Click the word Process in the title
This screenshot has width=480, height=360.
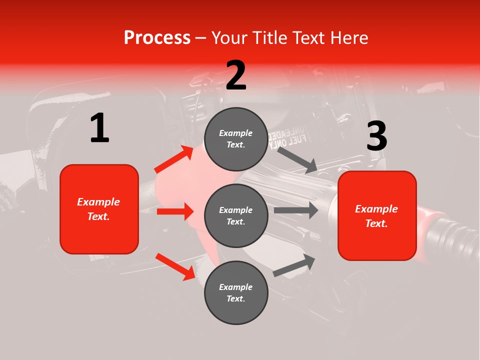click(157, 37)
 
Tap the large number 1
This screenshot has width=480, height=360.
click(99, 128)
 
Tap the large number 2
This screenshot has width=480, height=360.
click(236, 75)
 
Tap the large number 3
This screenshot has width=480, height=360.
click(376, 136)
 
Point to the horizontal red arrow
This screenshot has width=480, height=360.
click(175, 211)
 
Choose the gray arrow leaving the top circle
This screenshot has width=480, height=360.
click(297, 160)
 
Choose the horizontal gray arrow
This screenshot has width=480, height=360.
click(296, 210)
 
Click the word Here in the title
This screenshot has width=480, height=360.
click(349, 37)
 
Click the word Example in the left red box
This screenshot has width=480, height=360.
click(98, 202)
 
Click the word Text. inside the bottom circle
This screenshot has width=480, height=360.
click(236, 298)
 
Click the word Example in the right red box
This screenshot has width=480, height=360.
click(376, 209)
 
